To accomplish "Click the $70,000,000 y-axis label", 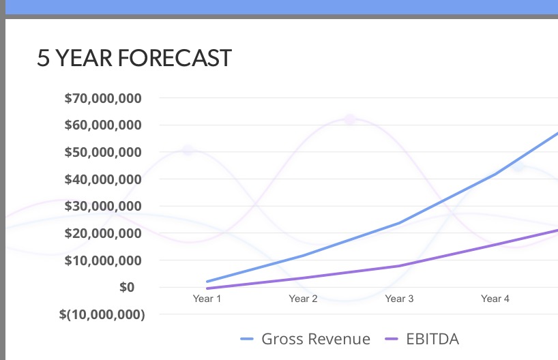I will (x=103, y=98).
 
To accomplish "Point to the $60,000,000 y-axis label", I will (x=103, y=125).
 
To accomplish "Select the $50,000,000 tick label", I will (x=103, y=152).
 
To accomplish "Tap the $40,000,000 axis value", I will (x=103, y=179).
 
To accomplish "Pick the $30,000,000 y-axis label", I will (x=103, y=206).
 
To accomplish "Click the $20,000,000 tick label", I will (x=103, y=233).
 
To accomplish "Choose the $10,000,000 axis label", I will (x=103, y=260).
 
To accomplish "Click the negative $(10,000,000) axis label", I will (x=102, y=314).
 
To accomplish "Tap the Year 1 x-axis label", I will (x=207, y=299).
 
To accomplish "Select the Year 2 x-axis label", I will (x=303, y=299).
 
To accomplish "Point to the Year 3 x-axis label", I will (x=399, y=299).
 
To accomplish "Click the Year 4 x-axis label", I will (x=495, y=299).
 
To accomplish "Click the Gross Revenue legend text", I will (x=316, y=339).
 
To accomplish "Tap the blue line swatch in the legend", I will (x=247, y=340).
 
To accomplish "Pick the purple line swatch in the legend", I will (x=392, y=340).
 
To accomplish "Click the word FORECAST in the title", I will (x=174, y=59).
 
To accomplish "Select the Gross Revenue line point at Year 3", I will (x=399, y=223).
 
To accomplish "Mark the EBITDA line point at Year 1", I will (x=207, y=288).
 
